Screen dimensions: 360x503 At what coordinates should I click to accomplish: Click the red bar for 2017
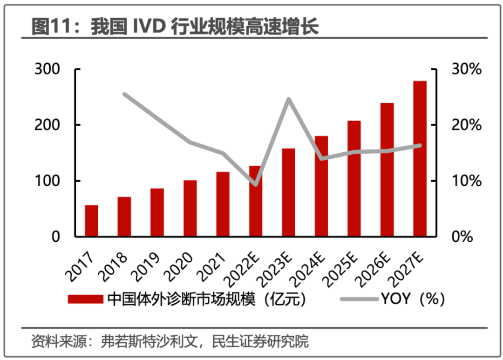click(91, 221)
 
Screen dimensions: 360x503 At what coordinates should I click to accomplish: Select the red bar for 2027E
click(420, 159)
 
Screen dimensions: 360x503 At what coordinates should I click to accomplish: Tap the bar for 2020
click(190, 208)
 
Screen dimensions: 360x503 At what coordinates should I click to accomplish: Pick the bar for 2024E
click(321, 186)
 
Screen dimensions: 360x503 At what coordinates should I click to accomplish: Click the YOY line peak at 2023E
click(288, 99)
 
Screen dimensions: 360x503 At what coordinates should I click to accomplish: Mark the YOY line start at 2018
click(124, 94)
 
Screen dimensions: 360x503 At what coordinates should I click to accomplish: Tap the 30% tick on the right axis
click(466, 69)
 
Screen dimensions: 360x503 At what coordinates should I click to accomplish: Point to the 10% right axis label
click(466, 181)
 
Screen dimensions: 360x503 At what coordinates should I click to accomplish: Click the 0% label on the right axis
click(462, 237)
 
